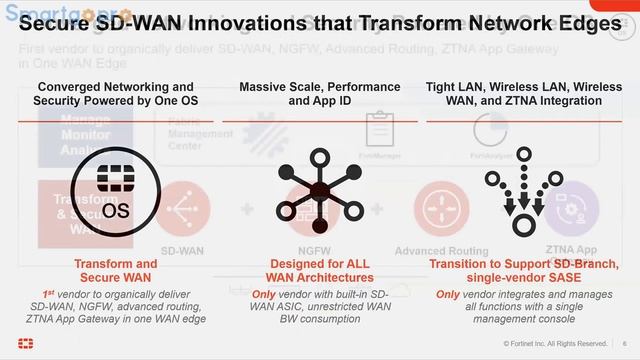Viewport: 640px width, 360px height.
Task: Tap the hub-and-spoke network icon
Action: click(319, 191)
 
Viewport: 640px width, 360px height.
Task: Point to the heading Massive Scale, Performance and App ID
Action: click(319, 94)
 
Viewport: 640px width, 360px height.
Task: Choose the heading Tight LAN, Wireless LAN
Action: click(524, 94)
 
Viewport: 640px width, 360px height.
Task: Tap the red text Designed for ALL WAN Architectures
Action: click(320, 270)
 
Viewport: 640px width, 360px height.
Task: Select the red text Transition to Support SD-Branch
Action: click(524, 270)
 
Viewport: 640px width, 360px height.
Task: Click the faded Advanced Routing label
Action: click(442, 251)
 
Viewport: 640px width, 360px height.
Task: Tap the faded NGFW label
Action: click(319, 251)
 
